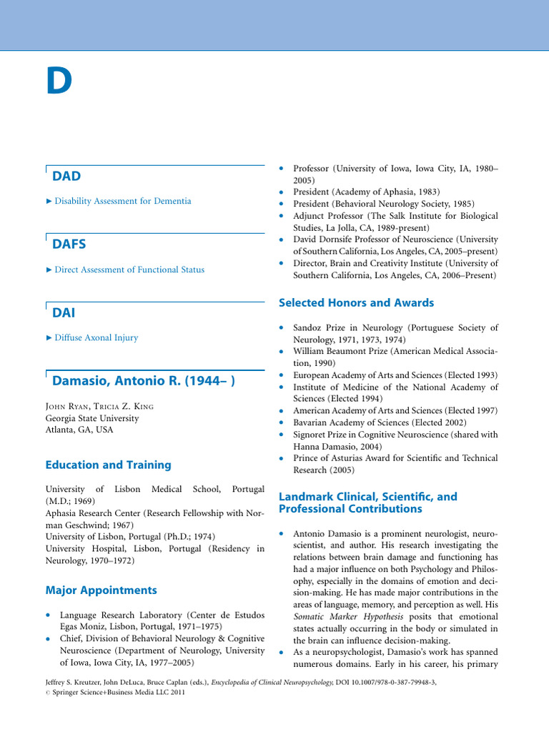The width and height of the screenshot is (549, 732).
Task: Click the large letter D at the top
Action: tap(59, 81)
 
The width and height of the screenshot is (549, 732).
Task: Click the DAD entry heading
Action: tap(66, 176)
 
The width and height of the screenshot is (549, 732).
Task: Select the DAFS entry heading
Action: tap(69, 244)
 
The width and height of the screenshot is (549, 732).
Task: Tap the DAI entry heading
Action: tap(64, 312)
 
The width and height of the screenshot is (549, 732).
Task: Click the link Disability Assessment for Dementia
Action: tap(123, 201)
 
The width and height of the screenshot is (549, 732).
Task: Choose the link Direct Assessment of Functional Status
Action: tap(129, 269)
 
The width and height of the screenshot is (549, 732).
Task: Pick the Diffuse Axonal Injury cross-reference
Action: tap(97, 337)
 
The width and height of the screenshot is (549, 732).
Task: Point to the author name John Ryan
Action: tap(65, 407)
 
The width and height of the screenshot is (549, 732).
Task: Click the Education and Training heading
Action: tap(108, 465)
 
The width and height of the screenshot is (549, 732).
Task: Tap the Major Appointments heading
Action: tap(101, 590)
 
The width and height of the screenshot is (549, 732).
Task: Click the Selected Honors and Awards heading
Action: tap(356, 303)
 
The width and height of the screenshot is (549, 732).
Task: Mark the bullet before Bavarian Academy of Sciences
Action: tap(282, 422)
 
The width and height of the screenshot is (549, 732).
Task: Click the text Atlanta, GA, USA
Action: tap(79, 430)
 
